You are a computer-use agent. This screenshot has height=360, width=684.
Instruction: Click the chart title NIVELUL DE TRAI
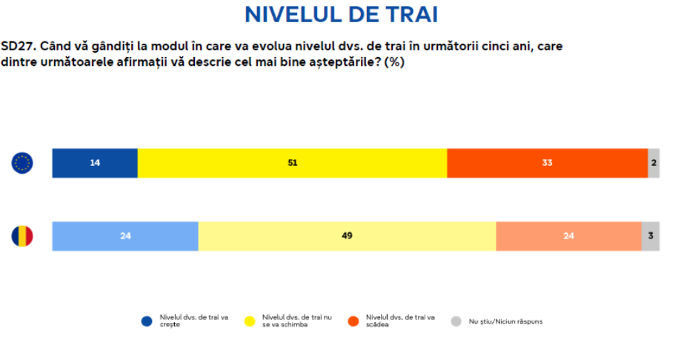(x=341, y=14)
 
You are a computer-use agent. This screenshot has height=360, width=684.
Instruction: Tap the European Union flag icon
(x=22, y=163)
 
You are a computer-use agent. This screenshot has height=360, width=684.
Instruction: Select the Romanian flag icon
(x=22, y=236)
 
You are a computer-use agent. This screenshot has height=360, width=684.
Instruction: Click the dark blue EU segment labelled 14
(x=95, y=163)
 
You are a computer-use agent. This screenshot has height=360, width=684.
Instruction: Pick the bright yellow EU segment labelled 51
(x=292, y=163)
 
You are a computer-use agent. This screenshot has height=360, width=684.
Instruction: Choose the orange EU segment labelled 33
(x=547, y=163)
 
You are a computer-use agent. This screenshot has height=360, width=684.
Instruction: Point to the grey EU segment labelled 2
(x=654, y=163)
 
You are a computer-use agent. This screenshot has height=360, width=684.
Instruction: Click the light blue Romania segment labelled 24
(x=125, y=236)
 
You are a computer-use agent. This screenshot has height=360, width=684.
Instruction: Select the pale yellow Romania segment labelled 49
(x=347, y=236)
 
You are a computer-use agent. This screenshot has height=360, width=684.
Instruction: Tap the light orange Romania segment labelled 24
(x=568, y=236)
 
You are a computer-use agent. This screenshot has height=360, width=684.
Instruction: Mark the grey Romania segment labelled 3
(x=650, y=236)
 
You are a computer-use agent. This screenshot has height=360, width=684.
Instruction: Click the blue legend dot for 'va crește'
(x=147, y=321)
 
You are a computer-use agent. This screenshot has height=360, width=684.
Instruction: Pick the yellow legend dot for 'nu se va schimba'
(x=250, y=321)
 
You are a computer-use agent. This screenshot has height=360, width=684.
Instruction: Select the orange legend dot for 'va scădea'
(x=353, y=321)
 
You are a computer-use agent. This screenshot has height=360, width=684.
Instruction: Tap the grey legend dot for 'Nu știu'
(x=456, y=321)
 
